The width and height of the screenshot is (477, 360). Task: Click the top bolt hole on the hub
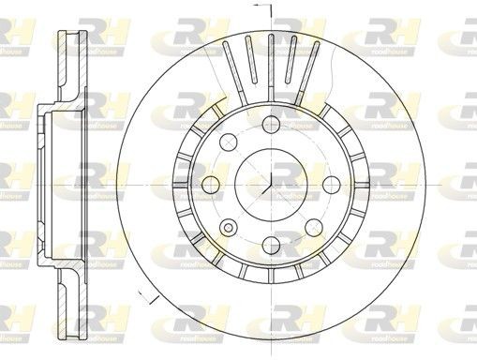270,123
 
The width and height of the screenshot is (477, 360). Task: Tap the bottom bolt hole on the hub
270,245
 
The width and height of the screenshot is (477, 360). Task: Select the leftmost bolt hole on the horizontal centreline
209,184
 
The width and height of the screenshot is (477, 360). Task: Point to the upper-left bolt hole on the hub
227,142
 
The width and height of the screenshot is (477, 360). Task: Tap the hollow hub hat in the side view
47,184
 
